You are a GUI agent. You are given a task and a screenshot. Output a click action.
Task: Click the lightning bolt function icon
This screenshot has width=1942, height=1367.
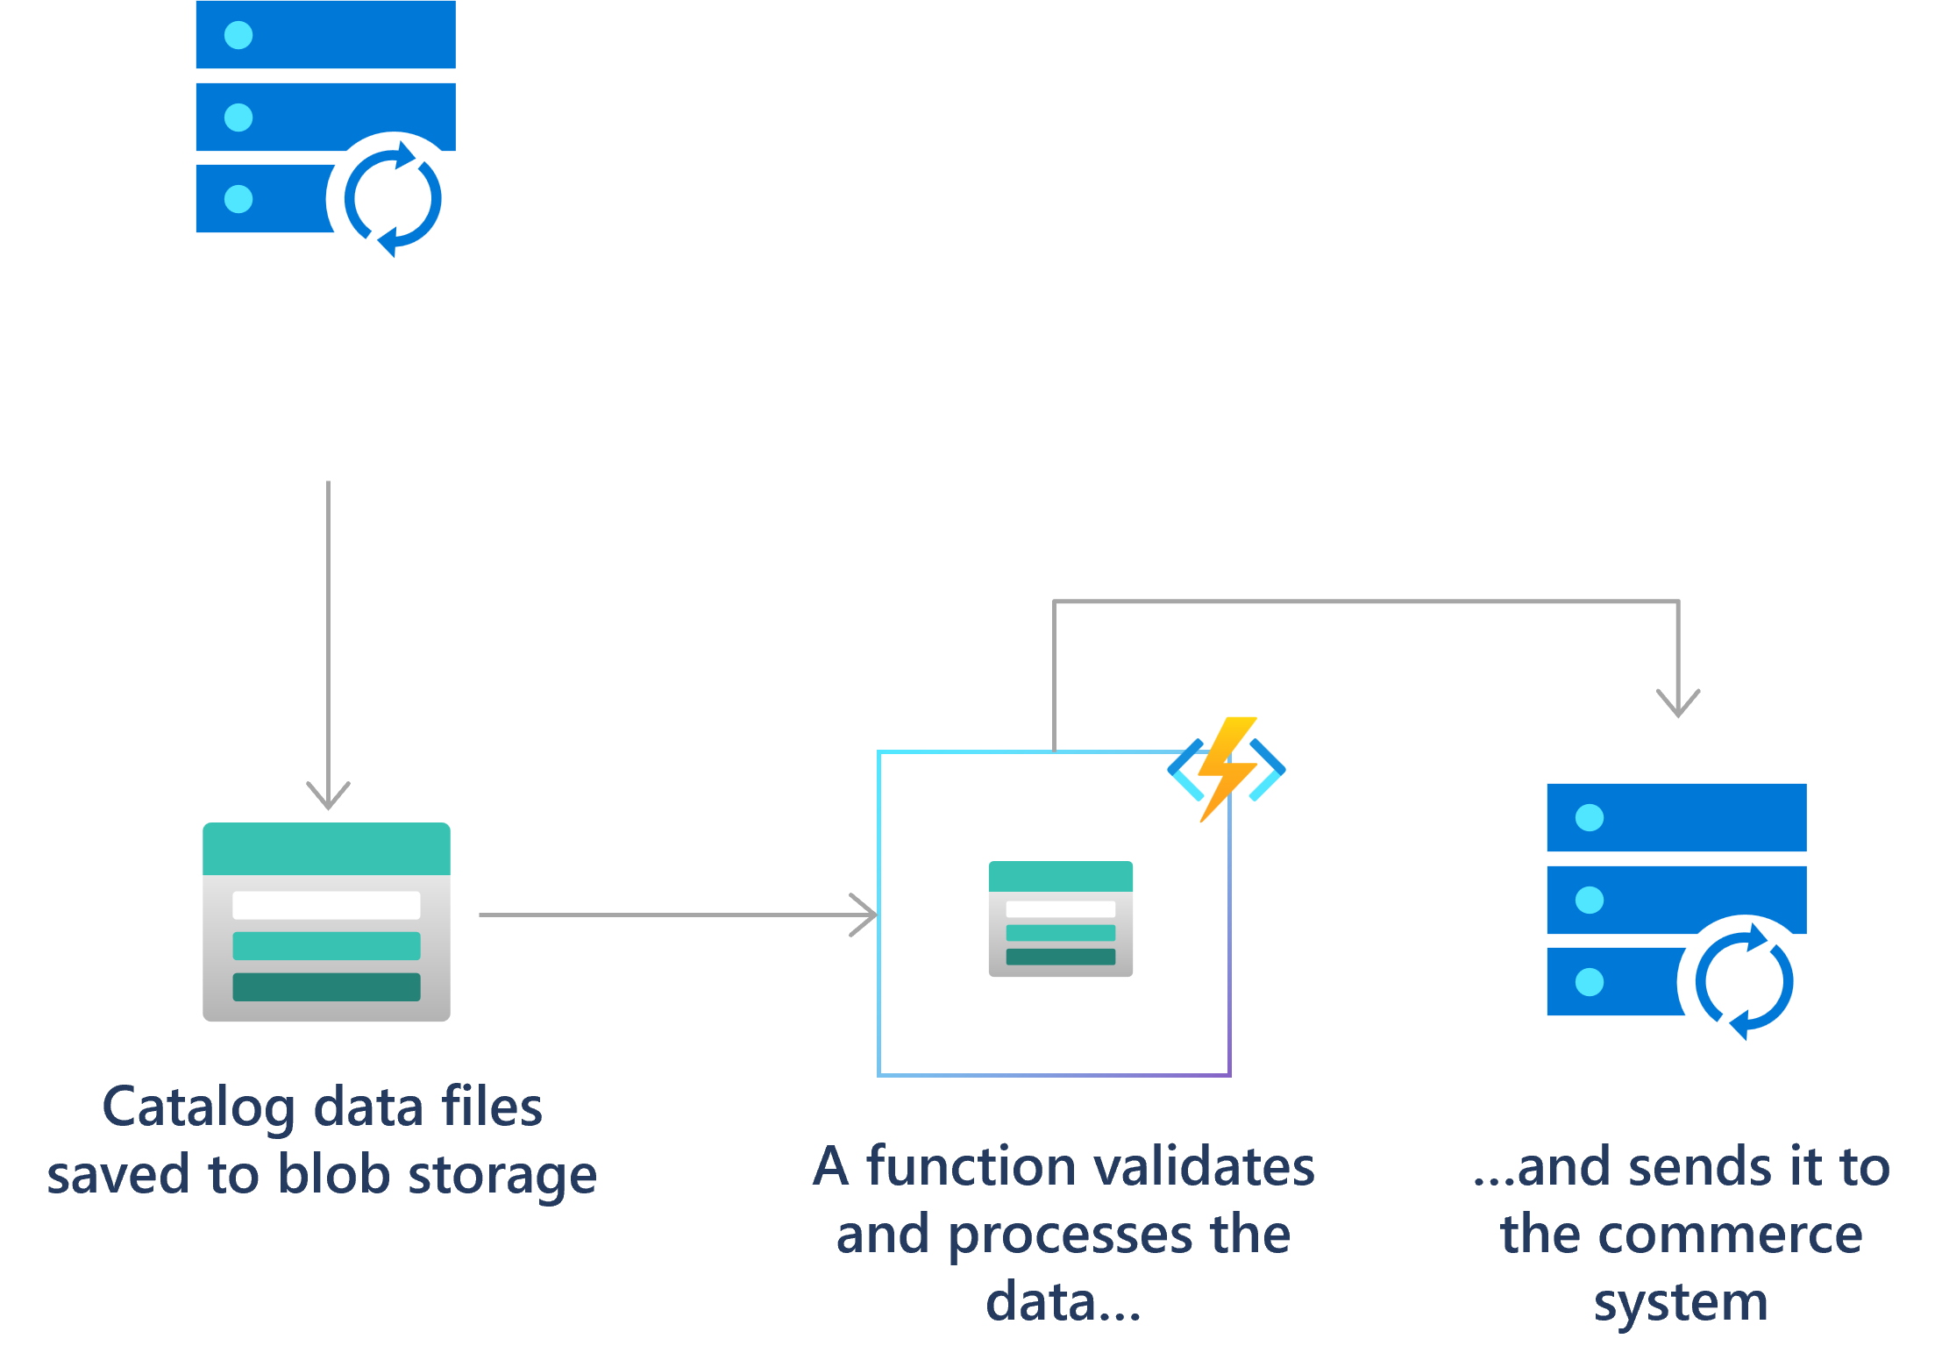click(1227, 769)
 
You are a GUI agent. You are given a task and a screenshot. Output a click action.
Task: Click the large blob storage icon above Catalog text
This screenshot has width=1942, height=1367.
click(326, 921)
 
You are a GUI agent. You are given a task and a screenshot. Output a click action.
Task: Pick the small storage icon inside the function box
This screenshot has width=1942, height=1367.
click(1060, 918)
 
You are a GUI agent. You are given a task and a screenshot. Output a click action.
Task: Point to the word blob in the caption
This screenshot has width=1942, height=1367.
click(333, 1175)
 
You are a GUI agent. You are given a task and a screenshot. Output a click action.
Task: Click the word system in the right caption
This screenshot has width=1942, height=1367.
click(1681, 1303)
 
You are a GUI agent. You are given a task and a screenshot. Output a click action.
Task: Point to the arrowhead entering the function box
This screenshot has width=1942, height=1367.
click(866, 915)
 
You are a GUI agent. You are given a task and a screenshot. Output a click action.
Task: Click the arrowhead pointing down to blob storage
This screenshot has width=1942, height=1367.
click(328, 796)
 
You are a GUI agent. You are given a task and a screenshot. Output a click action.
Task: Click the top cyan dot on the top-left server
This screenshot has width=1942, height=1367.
click(238, 35)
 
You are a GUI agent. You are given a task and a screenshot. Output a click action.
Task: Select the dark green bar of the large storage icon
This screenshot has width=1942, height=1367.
click(326, 986)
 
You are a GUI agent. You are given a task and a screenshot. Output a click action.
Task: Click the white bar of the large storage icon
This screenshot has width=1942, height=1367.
click(326, 905)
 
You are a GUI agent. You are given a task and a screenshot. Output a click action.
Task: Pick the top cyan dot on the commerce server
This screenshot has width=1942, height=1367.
click(1590, 818)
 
